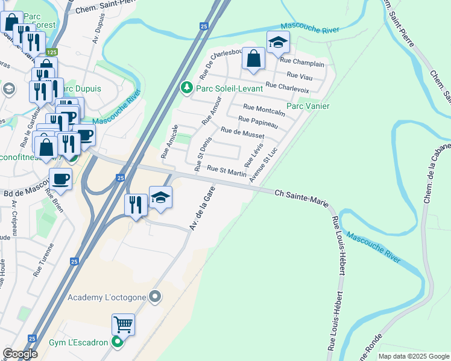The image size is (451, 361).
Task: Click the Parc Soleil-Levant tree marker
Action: pyautogui.click(x=187, y=88)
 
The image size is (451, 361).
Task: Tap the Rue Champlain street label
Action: pyautogui.click(x=302, y=63)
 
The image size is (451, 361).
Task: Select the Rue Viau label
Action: pyautogui.click(x=300, y=75)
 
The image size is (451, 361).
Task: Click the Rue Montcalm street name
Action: pyautogui.click(x=263, y=110)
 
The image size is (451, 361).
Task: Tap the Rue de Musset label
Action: pyautogui.click(x=242, y=132)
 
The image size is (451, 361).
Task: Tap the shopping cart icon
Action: pyautogui.click(x=123, y=324)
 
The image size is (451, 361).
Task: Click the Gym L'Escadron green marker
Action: pyautogui.click(x=118, y=342)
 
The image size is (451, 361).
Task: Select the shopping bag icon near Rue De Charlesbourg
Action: pyautogui.click(x=254, y=58)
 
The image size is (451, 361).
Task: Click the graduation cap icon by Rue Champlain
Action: pyautogui.click(x=277, y=42)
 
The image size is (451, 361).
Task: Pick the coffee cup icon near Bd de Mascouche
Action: pyautogui.click(x=60, y=179)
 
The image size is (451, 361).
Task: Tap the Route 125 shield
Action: pyautogui.click(x=53, y=52)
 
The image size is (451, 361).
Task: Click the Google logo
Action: pyautogui.click(x=20, y=353)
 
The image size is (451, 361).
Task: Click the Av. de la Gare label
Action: pyautogui.click(x=201, y=208)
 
